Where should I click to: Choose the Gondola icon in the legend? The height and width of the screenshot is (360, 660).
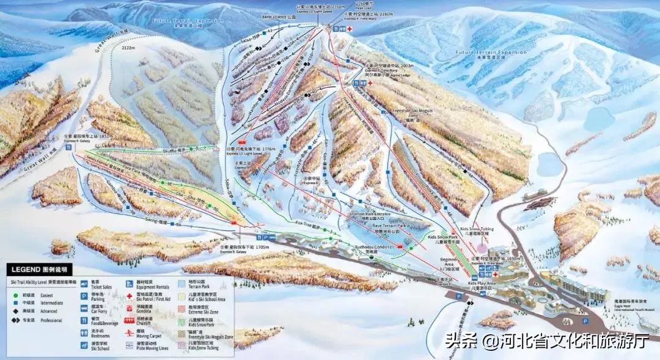pyautogui.click(x=131, y=308)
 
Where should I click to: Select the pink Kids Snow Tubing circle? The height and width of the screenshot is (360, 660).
pyautogui.click(x=482, y=249)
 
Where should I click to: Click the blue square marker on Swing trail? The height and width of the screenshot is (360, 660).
pyautogui.click(x=178, y=223)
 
